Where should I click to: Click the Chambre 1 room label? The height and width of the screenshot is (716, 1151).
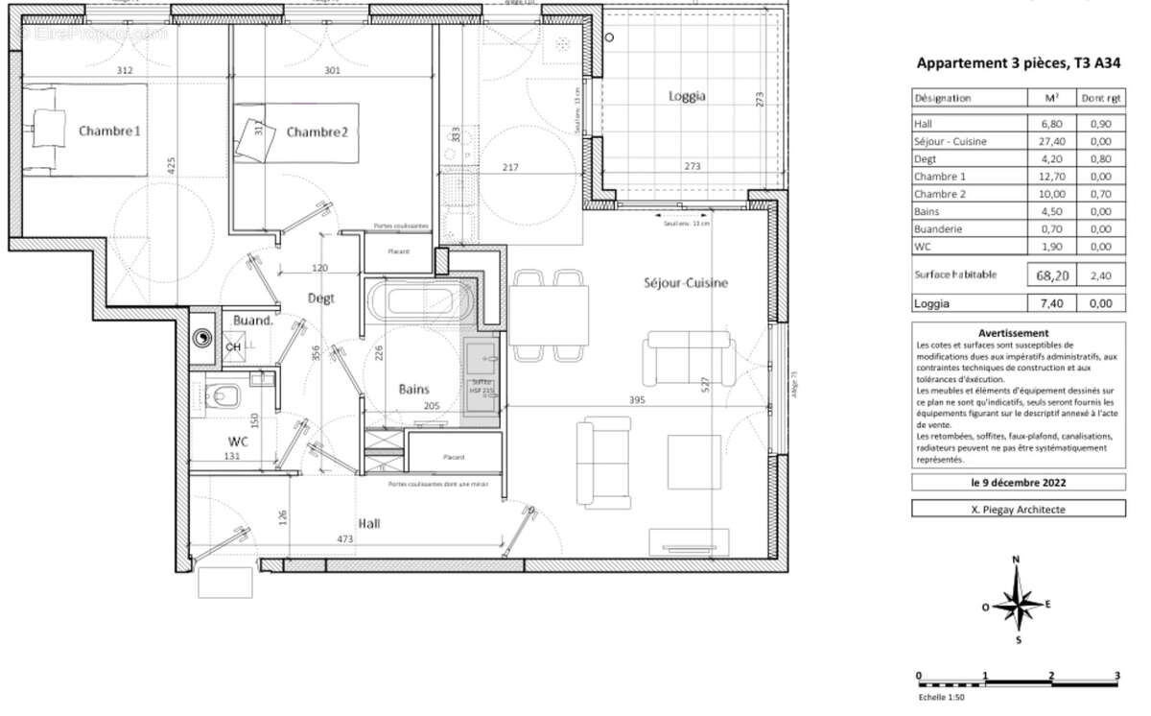[x=109, y=131]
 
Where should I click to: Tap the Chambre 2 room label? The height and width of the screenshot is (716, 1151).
[x=317, y=131]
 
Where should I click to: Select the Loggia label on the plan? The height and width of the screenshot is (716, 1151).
[x=687, y=96]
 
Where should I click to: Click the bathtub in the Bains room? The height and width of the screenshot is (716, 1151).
[x=419, y=301]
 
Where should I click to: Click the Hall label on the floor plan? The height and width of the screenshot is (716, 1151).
[x=370, y=523]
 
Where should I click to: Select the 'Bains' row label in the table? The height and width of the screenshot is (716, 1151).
[x=928, y=211]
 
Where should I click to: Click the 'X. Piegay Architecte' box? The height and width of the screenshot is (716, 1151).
[x=1005, y=510]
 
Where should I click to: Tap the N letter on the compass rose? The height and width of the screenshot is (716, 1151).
[x=1017, y=560]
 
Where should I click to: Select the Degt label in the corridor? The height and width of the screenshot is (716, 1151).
[x=320, y=298]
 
